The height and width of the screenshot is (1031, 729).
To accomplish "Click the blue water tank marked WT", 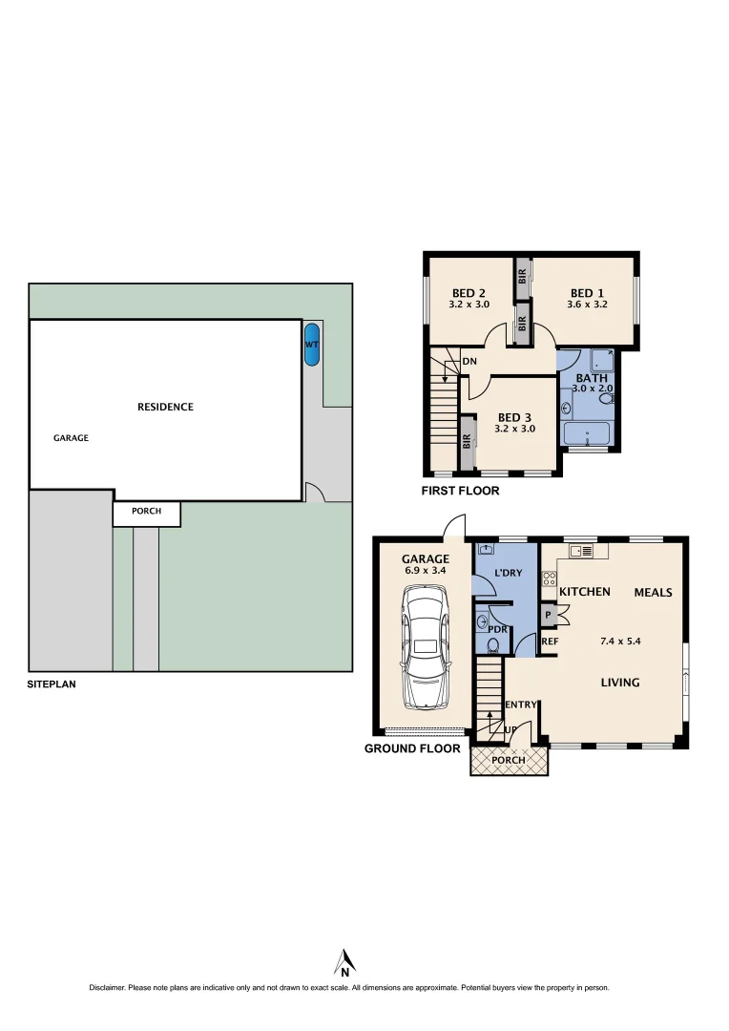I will pyautogui.click(x=311, y=346).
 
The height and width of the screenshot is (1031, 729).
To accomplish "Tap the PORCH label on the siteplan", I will pyautogui.click(x=146, y=512).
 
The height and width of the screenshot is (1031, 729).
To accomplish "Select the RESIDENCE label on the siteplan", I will pyautogui.click(x=165, y=407).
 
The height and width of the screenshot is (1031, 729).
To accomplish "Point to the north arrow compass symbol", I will pyautogui.click(x=345, y=962).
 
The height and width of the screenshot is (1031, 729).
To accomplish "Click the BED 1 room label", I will pyautogui.click(x=587, y=293).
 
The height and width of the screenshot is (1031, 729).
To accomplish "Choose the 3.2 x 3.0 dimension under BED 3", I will pyautogui.click(x=514, y=430).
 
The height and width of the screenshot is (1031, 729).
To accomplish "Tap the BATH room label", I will pyautogui.click(x=592, y=378).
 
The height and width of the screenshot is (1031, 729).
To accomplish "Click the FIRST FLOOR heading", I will pyautogui.click(x=461, y=492).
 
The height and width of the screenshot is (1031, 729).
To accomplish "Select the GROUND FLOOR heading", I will pyautogui.click(x=412, y=748).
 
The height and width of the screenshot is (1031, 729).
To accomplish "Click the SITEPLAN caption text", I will pyautogui.click(x=52, y=684).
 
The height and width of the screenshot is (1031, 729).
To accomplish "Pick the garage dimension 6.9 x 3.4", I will pyautogui.click(x=425, y=571).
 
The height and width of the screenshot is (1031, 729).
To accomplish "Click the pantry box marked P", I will pyautogui.click(x=549, y=616).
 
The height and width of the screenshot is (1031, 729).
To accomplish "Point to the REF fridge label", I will pyautogui.click(x=550, y=642).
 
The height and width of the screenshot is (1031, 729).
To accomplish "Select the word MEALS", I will pyautogui.click(x=653, y=593).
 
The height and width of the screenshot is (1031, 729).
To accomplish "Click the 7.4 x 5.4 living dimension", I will pyautogui.click(x=619, y=642).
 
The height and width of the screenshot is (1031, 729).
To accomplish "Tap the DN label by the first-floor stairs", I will pyautogui.click(x=469, y=362).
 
